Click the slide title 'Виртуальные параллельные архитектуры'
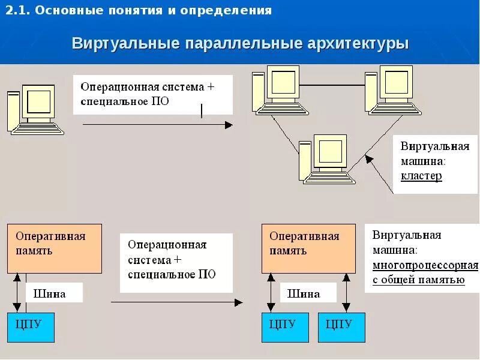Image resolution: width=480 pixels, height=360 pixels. point(240,44)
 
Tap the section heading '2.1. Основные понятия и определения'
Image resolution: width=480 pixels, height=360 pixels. point(139,11)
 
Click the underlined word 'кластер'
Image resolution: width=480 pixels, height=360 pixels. point(421,176)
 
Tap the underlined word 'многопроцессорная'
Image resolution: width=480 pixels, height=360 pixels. point(425,265)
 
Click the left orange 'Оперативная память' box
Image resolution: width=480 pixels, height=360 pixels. point(55,248)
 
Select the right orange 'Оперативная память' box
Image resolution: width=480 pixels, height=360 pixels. point(308,248)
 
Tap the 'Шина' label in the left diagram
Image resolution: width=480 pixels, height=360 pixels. point(50,293)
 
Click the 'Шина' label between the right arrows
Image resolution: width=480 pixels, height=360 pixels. point(304,293)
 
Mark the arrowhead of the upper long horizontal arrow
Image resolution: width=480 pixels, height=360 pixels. point(229,125)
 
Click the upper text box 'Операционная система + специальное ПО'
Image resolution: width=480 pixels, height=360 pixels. point(152,94)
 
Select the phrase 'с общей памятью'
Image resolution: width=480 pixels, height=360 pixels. point(418,280)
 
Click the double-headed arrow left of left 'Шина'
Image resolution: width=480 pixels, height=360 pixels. point(18,293)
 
